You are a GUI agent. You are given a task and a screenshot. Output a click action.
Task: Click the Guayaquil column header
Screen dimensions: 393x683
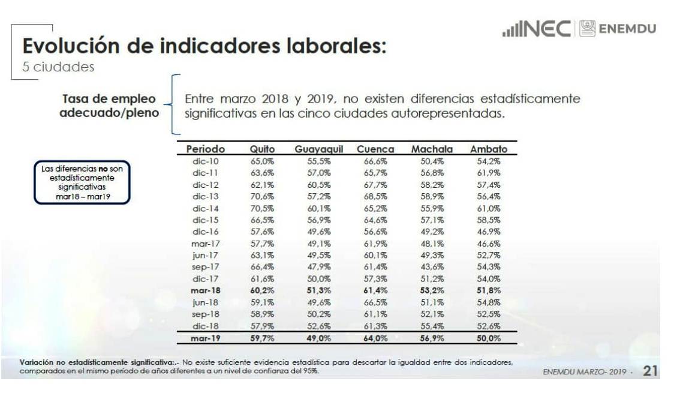pos(318,149)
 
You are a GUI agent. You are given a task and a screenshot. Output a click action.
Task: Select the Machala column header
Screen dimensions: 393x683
pos(432,149)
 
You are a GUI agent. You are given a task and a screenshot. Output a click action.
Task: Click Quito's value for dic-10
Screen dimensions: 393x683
pos(262,161)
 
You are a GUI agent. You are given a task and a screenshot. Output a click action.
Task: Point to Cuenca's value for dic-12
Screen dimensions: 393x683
pos(375,185)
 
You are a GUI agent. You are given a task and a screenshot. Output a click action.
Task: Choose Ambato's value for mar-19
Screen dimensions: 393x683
pos(488,338)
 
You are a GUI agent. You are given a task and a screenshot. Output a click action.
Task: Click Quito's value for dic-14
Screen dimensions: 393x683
pos(262,208)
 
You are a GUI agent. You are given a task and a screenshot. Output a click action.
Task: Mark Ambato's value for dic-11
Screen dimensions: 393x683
pos(488,173)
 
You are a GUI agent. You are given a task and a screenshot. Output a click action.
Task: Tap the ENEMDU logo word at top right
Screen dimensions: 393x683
pos(626,29)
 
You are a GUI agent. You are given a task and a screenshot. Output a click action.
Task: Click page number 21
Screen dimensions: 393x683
pos(650,371)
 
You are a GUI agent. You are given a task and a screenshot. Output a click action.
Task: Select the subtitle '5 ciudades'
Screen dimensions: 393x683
pos(58,67)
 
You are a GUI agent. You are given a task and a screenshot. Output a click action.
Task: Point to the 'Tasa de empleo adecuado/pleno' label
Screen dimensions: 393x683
pos(110,106)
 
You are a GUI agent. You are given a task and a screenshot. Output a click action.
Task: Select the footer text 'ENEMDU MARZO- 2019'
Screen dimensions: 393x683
pos(584,372)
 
